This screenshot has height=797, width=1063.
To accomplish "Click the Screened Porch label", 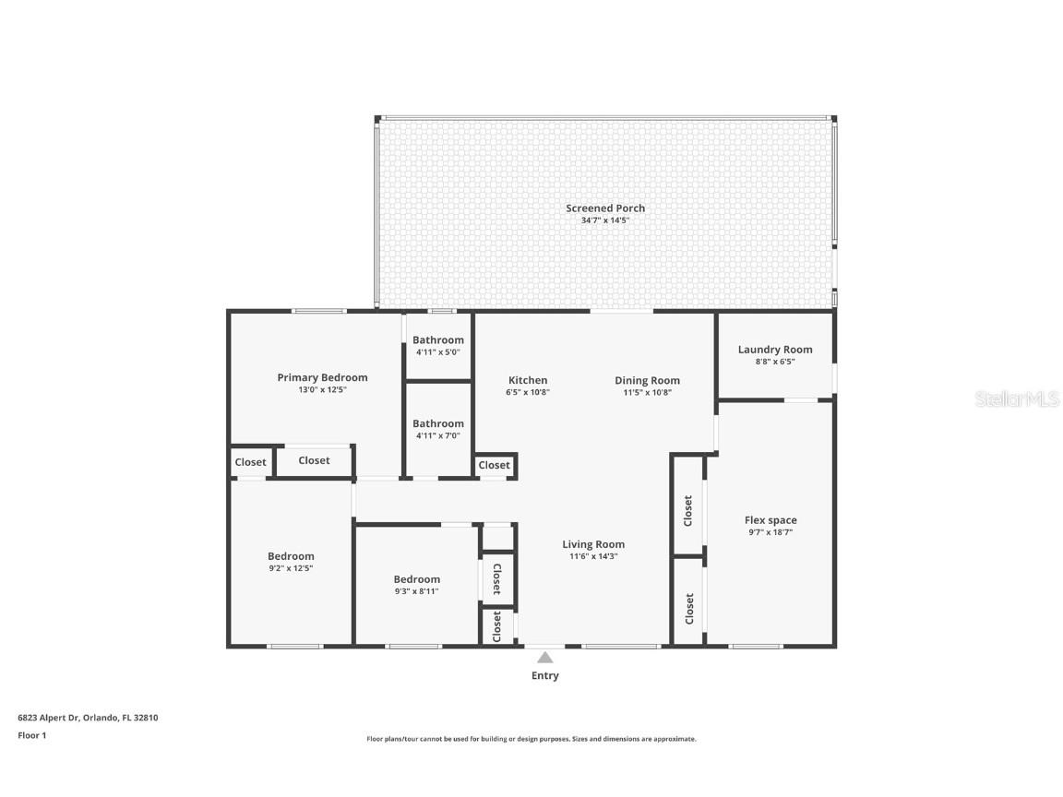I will pyautogui.click(x=605, y=208).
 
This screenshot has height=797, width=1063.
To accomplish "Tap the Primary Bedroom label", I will pyautogui.click(x=322, y=377).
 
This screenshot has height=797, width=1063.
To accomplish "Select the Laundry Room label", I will pyautogui.click(x=775, y=350).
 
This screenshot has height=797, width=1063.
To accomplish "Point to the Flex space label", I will pyautogui.click(x=770, y=520).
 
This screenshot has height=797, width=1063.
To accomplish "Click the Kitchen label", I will pyautogui.click(x=528, y=380).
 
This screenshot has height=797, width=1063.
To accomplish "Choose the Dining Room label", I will pyautogui.click(x=647, y=380).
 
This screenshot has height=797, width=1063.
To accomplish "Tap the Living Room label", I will pyautogui.click(x=593, y=544).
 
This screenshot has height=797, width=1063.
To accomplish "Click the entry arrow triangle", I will pyautogui.click(x=545, y=658).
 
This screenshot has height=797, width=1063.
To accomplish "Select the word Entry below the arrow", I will pyautogui.click(x=545, y=676).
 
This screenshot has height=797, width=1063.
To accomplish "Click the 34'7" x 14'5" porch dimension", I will pyautogui.click(x=605, y=220).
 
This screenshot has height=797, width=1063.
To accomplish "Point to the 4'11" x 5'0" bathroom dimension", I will pyautogui.click(x=438, y=352).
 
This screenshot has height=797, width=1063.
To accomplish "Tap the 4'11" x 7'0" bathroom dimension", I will pyautogui.click(x=438, y=435).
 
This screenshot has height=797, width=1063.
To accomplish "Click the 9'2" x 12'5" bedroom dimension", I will pyautogui.click(x=291, y=568).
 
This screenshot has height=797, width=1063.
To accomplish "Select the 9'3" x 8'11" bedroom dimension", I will pyautogui.click(x=416, y=591).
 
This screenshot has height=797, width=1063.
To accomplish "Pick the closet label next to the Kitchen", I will pyautogui.click(x=495, y=466).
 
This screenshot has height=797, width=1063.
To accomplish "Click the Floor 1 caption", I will pyautogui.click(x=31, y=735).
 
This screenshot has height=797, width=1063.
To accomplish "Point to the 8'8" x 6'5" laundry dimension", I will pyautogui.click(x=775, y=362).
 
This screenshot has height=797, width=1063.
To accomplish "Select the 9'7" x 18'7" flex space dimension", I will pyautogui.click(x=770, y=532).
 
